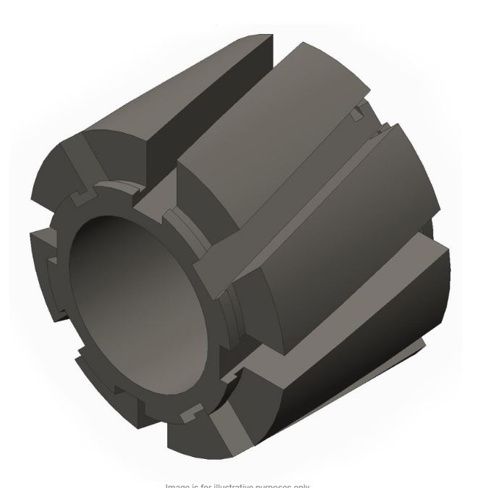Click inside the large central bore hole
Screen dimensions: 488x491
click(x=138, y=304)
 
